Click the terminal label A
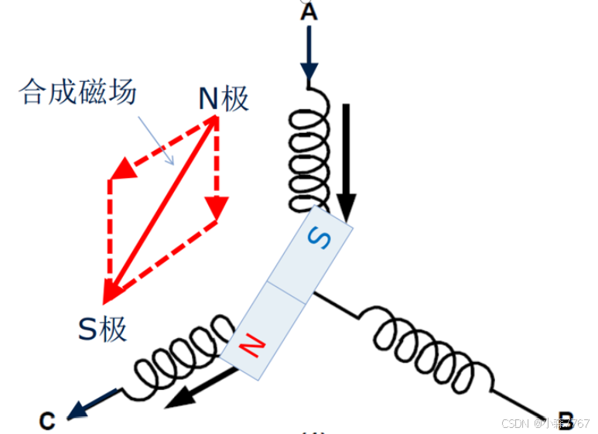[309, 12]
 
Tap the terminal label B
[566, 420]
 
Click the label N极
[224, 99]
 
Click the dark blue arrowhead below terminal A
[309, 73]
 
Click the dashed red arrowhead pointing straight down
[217, 207]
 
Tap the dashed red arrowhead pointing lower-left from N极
[121, 167]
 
